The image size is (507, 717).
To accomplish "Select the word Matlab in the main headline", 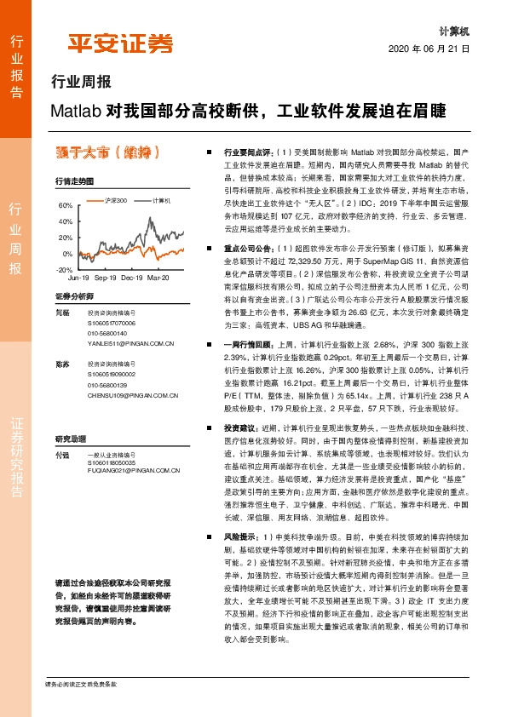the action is click(x=74, y=111).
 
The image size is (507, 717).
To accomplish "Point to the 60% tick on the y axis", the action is click(x=65, y=206).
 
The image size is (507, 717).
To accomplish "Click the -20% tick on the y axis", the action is click(x=64, y=269).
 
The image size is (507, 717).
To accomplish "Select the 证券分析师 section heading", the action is click(x=72, y=295).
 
